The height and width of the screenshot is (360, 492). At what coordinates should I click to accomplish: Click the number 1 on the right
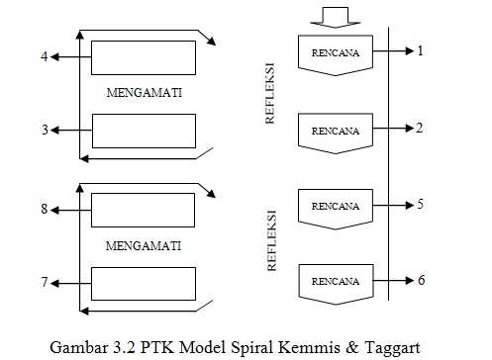click(x=421, y=49)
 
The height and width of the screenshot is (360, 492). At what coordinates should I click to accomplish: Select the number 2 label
click(x=421, y=128)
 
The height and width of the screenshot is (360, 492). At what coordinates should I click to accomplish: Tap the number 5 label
click(x=421, y=205)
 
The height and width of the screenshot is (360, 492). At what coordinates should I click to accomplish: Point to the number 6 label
click(x=421, y=280)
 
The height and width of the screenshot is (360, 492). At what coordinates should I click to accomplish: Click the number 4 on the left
click(x=44, y=56)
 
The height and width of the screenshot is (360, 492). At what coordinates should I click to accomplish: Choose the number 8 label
click(x=44, y=210)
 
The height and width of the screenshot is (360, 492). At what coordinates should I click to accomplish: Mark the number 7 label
click(x=44, y=283)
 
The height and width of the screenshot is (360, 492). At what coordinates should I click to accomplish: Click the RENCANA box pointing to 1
click(x=335, y=52)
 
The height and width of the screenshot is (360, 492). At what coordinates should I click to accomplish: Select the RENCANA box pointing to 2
click(x=335, y=131)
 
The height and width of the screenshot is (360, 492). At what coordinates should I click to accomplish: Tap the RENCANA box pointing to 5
click(x=335, y=207)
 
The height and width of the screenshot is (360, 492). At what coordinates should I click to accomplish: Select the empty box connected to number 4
click(x=143, y=56)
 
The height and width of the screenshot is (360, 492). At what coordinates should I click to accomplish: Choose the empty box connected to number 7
click(x=143, y=283)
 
